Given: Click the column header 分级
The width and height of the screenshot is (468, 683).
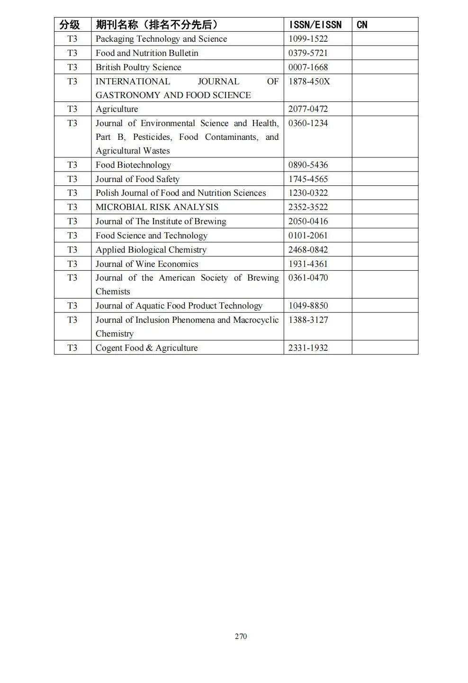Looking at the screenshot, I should click(69, 25).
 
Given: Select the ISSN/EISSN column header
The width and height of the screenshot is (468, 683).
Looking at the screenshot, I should click(315, 25).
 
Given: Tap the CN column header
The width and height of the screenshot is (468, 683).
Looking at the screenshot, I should click(362, 25).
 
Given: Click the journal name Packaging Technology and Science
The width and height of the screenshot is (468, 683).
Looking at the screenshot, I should click(161, 39).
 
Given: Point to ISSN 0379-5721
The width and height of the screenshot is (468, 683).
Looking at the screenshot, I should click(308, 53).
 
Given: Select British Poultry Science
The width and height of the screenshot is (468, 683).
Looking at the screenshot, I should click(138, 67).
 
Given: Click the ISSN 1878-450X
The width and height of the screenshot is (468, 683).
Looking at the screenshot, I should click(309, 82).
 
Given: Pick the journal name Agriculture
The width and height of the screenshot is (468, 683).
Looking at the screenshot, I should click(117, 109).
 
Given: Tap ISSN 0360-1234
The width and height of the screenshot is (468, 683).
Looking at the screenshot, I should click(308, 123).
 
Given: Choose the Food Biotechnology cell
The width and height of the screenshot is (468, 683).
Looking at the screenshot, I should click(133, 165).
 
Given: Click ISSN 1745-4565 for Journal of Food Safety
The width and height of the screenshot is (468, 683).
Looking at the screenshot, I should click(308, 179).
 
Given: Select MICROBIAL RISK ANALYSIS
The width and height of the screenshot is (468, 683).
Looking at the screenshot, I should click(157, 207).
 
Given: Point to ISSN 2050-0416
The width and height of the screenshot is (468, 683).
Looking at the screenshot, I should click(308, 221).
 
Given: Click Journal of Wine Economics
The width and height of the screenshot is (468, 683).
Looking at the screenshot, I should click(147, 264).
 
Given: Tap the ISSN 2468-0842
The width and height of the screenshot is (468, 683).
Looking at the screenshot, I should click(308, 250).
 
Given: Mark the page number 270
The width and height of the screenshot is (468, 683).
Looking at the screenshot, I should click(241, 636).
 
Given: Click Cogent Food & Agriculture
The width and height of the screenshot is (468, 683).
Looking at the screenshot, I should click(146, 348).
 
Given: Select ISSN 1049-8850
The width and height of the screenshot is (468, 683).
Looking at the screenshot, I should click(308, 306).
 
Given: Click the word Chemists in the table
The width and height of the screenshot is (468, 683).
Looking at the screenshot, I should click(113, 291).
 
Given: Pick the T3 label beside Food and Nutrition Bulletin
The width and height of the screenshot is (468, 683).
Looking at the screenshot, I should click(72, 53).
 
